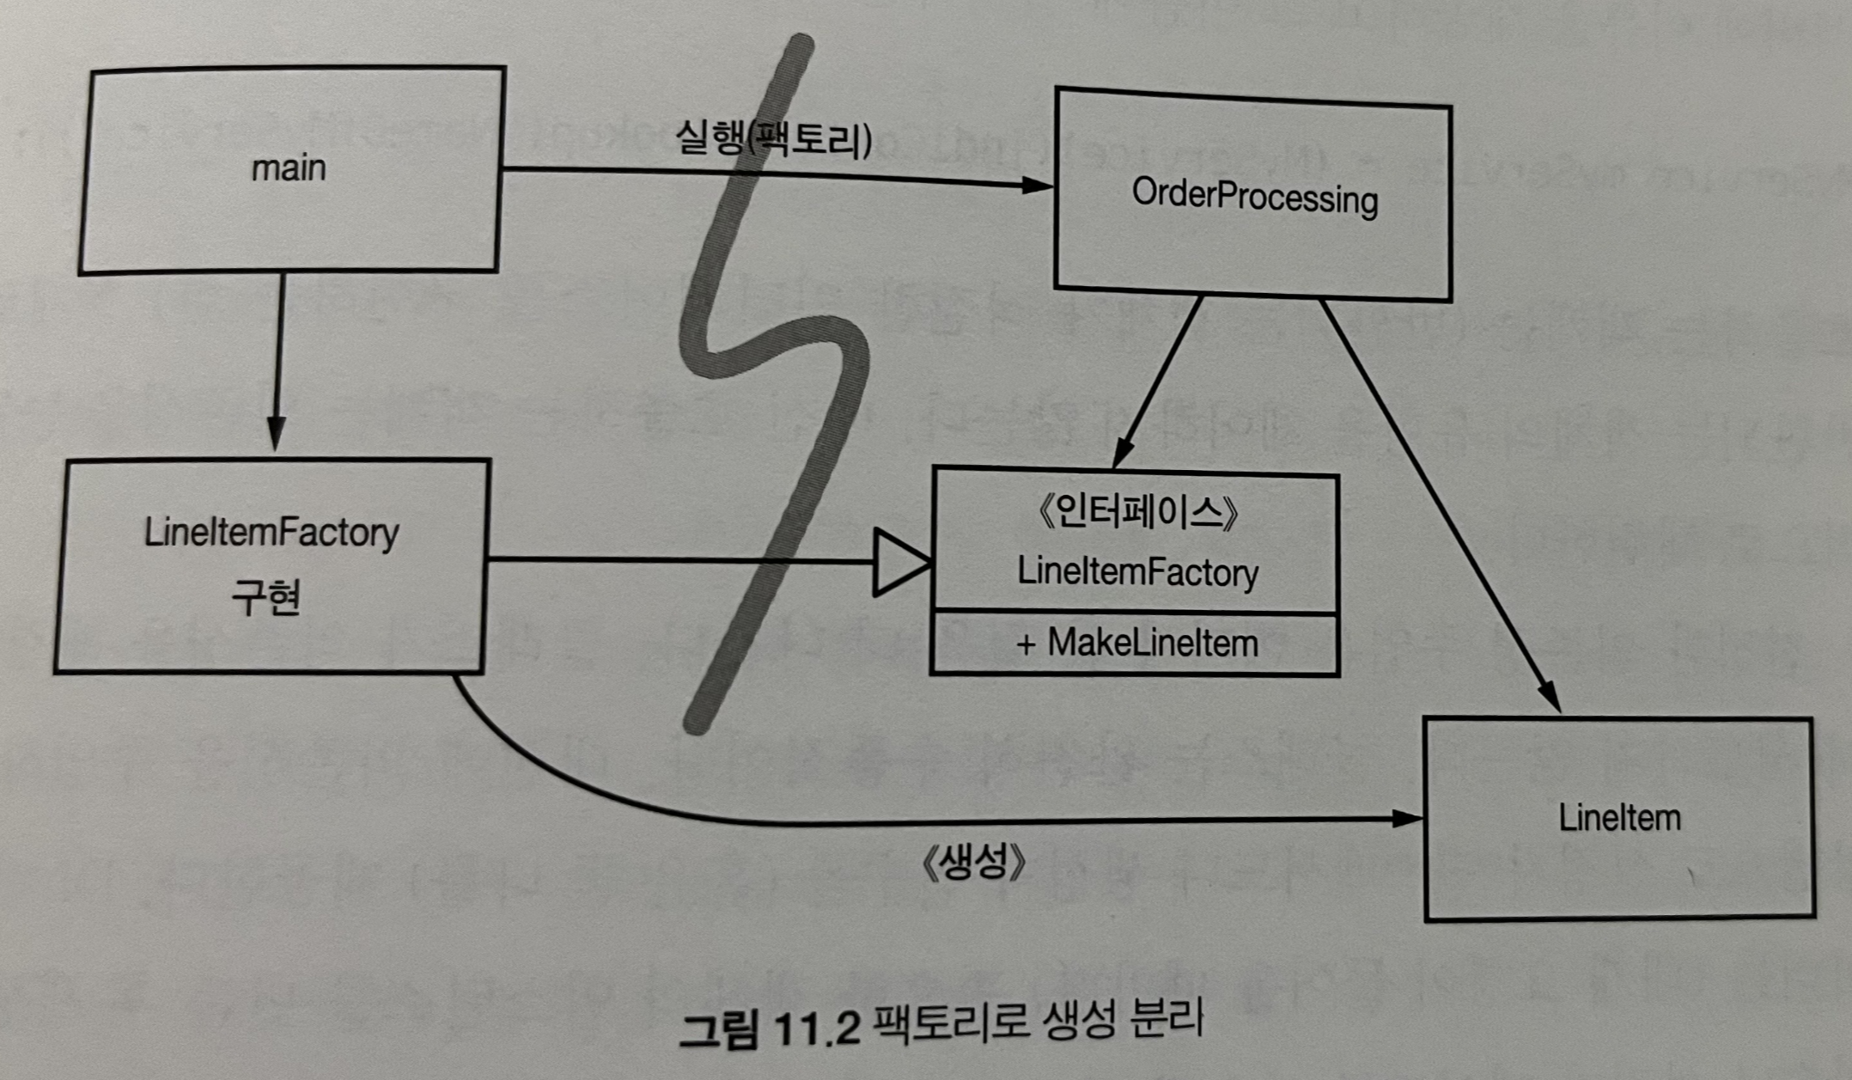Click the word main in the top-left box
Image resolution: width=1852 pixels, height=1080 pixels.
point(289,168)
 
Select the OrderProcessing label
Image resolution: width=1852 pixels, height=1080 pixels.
point(1254,197)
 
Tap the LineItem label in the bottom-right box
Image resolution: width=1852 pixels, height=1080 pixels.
point(1619,817)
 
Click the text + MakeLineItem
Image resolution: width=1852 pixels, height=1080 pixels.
point(1137,644)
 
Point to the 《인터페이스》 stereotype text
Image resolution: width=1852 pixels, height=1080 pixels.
point(1137,513)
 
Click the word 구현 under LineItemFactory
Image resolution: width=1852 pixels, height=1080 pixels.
point(266,596)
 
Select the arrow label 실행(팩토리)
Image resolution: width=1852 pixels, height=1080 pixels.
point(773,137)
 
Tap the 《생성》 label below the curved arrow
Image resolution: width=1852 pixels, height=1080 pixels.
point(973,862)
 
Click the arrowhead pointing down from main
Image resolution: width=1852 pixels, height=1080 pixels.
point(276,434)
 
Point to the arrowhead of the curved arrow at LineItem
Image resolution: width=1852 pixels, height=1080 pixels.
point(1406,819)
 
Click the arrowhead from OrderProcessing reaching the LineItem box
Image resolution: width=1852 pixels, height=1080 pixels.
point(1549,696)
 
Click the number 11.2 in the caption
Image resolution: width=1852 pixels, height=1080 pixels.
point(816,1027)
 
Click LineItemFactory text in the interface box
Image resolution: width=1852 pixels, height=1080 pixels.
point(1137,572)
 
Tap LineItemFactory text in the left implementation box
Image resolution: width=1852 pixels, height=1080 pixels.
point(271,533)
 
